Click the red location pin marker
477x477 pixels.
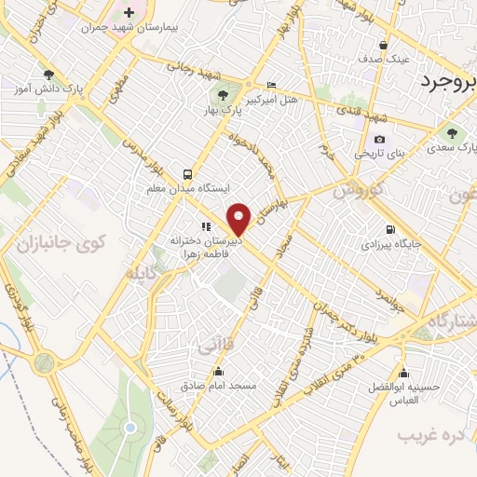pyautogui.click(x=239, y=219)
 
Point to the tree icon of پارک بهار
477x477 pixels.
pyautogui.click(x=222, y=95)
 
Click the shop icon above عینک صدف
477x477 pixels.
pyautogui.click(x=383, y=45)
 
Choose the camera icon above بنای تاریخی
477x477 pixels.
pyautogui.click(x=353, y=140)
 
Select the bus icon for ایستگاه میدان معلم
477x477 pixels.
pyautogui.click(x=188, y=174)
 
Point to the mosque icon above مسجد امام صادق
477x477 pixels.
pyautogui.click(x=218, y=371)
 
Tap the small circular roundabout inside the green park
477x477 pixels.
pyautogui.click(x=129, y=428)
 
